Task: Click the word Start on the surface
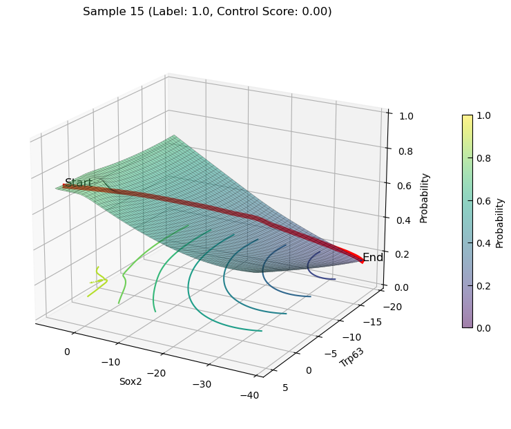point(79,182)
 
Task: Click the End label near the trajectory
point(373,257)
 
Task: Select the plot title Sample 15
point(113,12)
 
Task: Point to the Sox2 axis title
point(131,381)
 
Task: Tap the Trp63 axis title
point(351,358)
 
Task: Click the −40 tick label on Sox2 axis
point(249,395)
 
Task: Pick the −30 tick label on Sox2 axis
point(202,384)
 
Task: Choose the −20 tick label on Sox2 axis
point(157,373)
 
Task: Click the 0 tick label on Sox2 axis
point(67,352)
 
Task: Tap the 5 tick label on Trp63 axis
point(285,388)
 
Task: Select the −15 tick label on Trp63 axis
point(372,322)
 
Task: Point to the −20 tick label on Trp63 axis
point(392,307)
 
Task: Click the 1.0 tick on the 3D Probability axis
point(407,116)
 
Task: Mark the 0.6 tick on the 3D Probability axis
point(405,186)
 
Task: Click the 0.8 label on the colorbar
point(483,158)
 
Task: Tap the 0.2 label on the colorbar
point(483,286)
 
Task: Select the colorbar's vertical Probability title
point(499,224)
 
